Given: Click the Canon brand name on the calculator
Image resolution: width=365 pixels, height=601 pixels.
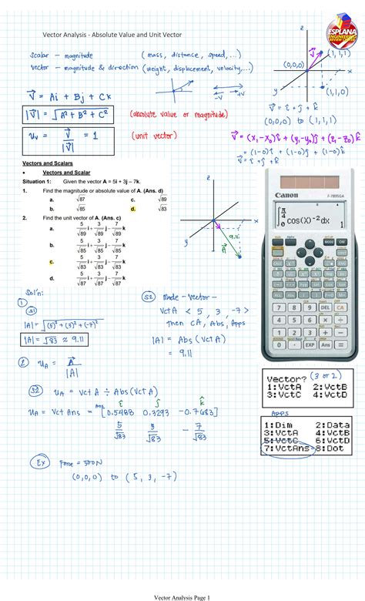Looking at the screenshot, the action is [286, 194].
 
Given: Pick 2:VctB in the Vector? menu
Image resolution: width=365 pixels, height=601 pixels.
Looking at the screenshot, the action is [330, 387].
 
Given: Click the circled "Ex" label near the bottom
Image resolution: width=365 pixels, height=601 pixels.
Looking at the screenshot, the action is [38, 464].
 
